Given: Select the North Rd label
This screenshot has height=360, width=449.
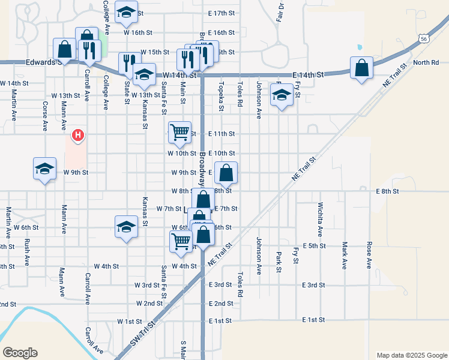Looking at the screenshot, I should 426,62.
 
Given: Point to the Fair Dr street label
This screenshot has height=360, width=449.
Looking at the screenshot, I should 280,12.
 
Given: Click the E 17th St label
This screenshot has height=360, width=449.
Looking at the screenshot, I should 221,13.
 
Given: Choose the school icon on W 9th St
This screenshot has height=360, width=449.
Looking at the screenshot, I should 45,169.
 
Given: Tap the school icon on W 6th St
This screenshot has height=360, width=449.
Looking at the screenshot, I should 125,226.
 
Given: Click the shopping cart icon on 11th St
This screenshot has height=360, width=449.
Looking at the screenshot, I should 179,132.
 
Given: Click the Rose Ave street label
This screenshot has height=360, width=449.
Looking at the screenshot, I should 369,255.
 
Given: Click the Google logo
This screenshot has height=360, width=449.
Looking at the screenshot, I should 20,353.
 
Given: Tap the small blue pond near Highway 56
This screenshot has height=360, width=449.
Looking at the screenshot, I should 360,47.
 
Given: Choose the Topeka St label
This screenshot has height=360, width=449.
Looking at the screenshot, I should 221,97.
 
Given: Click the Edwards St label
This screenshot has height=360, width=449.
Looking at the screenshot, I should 42,62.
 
